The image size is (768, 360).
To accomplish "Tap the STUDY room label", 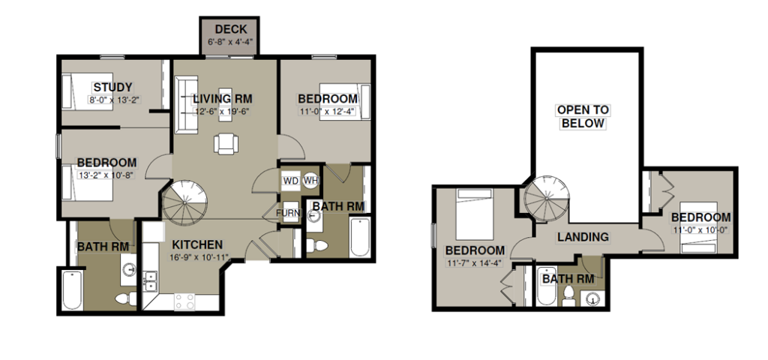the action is [112, 88].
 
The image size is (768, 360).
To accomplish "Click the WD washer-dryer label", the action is [290, 181].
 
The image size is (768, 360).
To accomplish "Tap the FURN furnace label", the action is [286, 213].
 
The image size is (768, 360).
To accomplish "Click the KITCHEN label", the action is [197, 244].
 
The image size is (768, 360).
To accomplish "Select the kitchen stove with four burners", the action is [184, 301].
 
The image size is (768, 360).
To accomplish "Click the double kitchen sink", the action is [151, 281].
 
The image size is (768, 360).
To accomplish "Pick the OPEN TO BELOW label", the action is [582, 116].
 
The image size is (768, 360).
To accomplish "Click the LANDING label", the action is [583, 237].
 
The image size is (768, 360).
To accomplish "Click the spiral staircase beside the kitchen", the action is [185, 202].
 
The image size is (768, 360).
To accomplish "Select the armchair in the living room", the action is [226, 144].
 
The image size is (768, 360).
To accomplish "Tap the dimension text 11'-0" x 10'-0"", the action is [701, 229].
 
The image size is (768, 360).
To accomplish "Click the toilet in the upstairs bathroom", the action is [568, 295].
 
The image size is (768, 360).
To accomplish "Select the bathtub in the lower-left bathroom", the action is [73, 291].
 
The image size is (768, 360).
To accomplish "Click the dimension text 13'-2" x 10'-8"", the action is [105, 174].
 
